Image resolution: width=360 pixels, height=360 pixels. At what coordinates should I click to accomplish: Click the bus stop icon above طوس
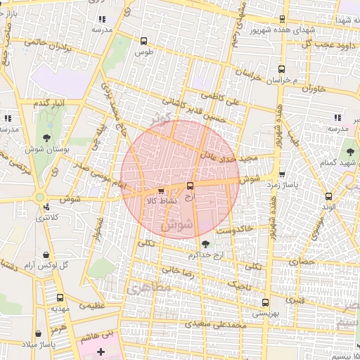pos(144,41)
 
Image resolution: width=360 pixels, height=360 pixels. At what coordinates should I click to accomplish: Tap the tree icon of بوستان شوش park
pos(46,137)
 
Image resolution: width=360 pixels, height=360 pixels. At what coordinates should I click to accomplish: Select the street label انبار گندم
pos(50,103)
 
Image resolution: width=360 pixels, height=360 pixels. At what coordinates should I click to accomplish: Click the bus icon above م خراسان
pos(281,70)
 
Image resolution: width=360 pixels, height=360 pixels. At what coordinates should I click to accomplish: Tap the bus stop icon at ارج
pos(191,186)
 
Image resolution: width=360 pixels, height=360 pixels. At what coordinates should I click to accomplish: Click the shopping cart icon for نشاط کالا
pos(161,191)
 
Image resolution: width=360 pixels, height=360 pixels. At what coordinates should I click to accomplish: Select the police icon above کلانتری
pos(46,207)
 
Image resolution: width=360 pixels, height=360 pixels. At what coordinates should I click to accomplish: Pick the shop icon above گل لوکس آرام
pos(46,254)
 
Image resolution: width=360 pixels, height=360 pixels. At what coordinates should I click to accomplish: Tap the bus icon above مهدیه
pos(59,298)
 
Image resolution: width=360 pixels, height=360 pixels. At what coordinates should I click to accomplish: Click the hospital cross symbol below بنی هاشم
pos(100,351)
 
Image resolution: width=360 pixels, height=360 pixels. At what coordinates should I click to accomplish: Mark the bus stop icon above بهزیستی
pos(264,302)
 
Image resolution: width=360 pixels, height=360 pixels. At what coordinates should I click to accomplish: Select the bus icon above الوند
pos(328,196)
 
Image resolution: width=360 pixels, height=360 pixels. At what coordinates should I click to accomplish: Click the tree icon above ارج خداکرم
pos(205,244)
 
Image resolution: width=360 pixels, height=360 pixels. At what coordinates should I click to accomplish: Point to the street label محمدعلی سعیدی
pos(214,324)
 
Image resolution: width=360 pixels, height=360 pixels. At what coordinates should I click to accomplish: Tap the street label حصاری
pos(307,261)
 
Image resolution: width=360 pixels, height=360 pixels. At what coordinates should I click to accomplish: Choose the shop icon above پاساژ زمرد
pos(282,174)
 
